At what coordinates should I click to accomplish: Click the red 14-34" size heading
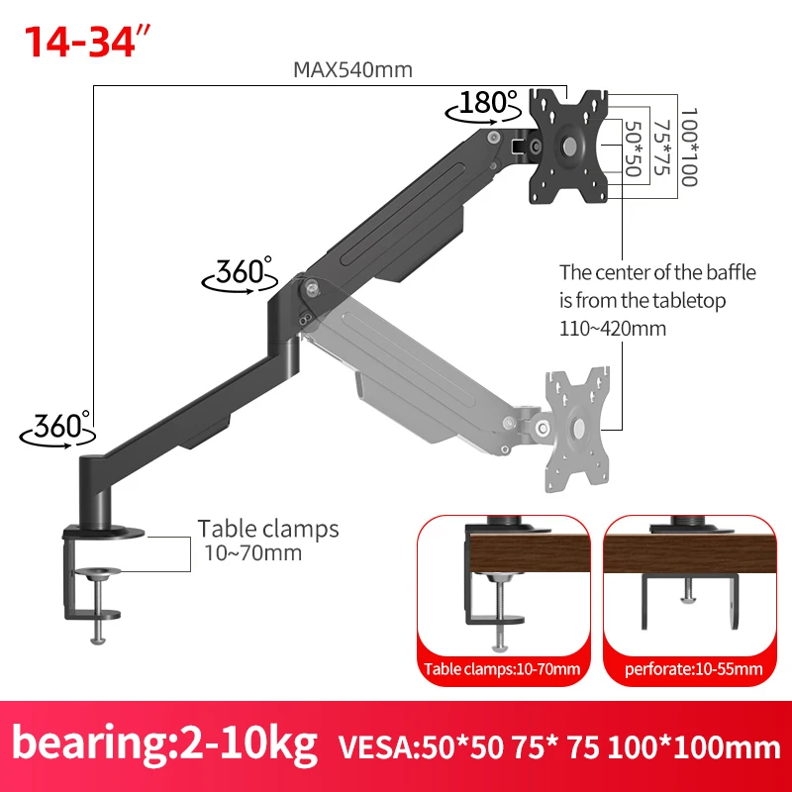coord(87,41)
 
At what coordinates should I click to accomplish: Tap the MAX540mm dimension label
coord(352,69)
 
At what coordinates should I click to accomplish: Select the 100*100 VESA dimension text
coord(689,147)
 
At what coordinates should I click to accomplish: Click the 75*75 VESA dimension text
coord(661,148)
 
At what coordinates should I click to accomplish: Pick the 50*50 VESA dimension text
coord(634,148)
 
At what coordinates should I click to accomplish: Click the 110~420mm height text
coord(612,329)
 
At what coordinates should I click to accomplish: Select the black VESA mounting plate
coord(568,147)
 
